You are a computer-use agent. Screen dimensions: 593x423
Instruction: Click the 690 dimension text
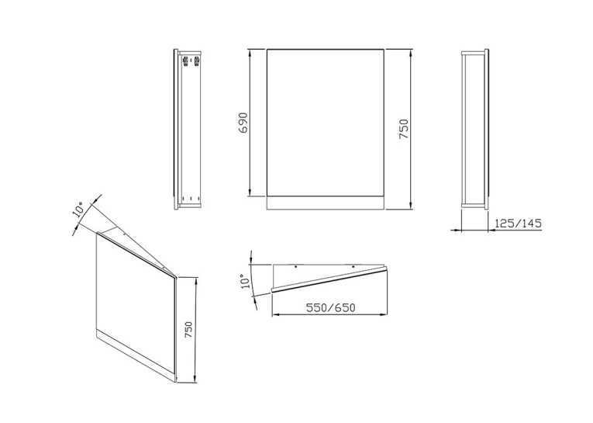click(244, 123)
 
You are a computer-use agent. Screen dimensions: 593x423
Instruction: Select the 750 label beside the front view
click(404, 129)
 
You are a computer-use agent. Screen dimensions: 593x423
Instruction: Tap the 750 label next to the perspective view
click(188, 331)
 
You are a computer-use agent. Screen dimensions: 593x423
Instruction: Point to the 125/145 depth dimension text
click(518, 224)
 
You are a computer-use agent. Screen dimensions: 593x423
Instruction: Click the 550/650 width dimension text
click(330, 308)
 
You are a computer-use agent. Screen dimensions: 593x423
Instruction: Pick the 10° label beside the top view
click(246, 282)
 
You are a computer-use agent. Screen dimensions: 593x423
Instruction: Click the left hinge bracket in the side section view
click(186, 61)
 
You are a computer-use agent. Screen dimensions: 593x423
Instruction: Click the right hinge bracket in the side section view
click(197, 61)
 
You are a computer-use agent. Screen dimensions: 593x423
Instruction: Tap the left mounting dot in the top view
click(296, 267)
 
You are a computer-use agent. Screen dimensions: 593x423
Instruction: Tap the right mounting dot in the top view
click(353, 267)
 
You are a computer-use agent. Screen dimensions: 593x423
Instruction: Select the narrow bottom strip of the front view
click(326, 203)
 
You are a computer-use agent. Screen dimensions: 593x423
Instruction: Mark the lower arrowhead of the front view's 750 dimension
click(410, 206)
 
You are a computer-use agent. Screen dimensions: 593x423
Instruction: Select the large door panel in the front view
click(326, 123)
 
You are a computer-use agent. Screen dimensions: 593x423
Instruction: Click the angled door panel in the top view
click(329, 279)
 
